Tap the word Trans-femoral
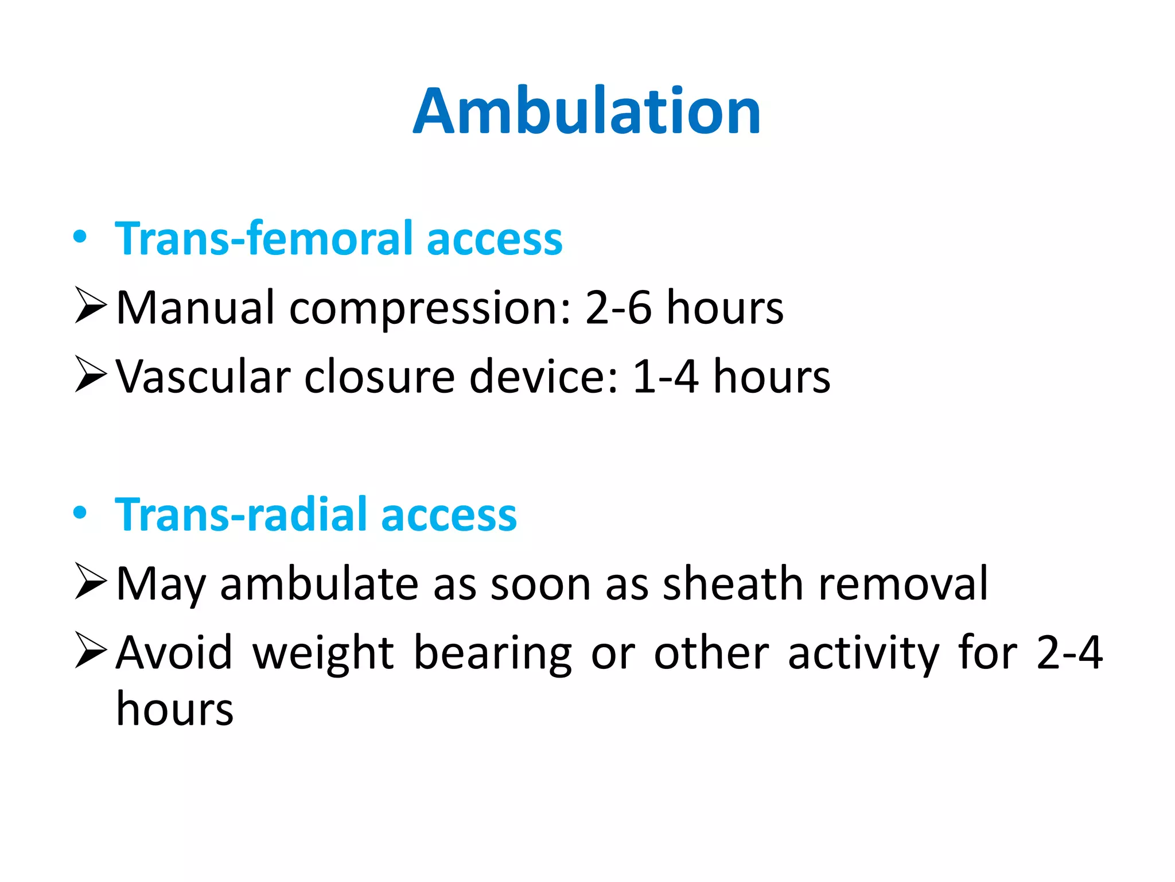264,238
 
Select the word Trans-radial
241,514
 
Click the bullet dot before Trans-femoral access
80,237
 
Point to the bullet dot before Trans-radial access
80,512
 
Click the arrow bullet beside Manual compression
91,307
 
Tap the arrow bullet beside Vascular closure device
91,374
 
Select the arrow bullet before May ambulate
91,582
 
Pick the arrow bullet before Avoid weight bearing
91,651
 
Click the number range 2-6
618,308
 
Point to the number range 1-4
666,377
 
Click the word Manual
196,308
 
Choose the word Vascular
204,377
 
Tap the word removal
903,584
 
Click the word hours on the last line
175,709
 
